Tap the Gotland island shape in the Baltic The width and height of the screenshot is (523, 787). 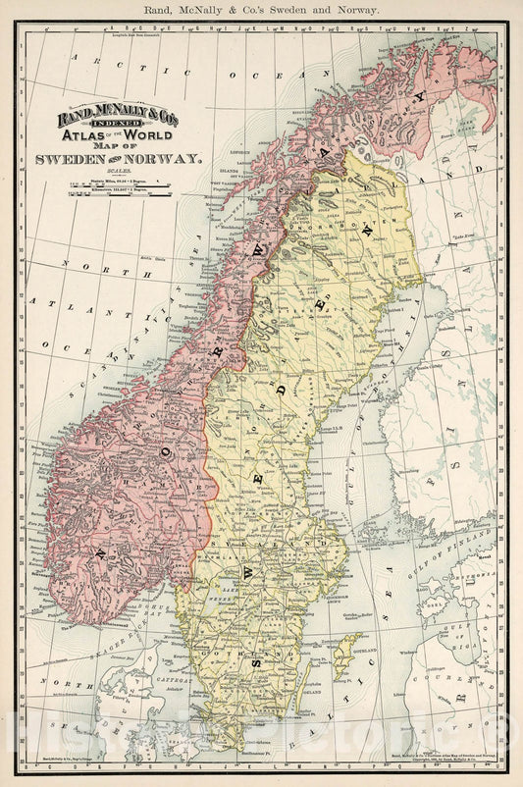pos(344,656)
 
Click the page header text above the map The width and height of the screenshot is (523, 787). pos(261,9)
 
